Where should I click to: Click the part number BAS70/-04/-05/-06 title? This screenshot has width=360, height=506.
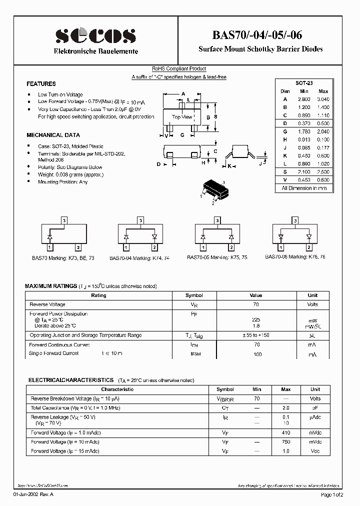coord(264,34)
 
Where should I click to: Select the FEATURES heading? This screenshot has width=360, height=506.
coord(41,84)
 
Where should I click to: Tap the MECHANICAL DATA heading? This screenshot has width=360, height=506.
coord(53,135)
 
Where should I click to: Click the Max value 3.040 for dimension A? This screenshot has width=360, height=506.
coord(323,99)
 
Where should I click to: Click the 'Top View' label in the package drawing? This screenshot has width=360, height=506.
coord(182,117)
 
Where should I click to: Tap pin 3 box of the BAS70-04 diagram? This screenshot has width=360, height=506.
coord(140,220)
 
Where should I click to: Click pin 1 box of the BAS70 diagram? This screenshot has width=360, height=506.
coord(49,247)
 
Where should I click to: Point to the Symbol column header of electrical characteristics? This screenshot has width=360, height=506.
coord(225,389)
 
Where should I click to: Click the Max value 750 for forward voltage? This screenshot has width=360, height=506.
coord(286,442)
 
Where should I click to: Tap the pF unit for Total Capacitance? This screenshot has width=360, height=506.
coord(315,408)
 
